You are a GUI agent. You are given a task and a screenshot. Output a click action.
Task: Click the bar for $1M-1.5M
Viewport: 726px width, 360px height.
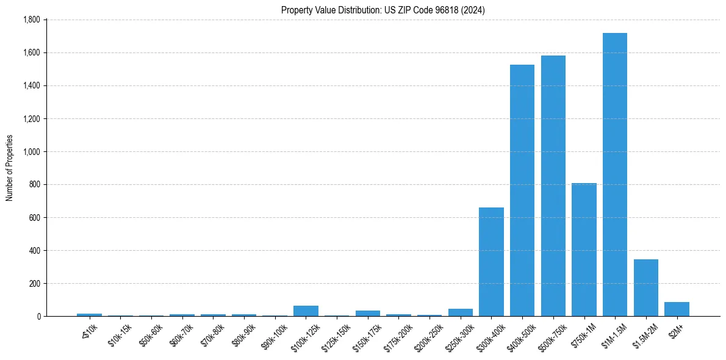[614, 175]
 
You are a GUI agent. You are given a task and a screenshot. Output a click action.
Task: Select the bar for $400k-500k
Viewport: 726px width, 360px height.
[522, 190]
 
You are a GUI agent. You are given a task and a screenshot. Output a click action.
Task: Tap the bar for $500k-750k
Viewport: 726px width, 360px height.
[553, 186]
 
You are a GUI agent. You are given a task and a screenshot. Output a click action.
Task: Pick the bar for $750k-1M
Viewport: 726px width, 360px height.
[584, 250]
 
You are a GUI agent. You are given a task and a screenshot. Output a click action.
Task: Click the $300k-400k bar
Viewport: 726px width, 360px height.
[491, 262]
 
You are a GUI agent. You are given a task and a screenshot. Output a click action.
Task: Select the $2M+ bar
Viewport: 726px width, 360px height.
[677, 309]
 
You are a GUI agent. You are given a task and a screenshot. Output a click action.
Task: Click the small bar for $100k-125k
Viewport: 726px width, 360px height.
[306, 311]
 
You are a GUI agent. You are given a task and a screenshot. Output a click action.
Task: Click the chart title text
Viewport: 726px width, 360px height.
[383, 10]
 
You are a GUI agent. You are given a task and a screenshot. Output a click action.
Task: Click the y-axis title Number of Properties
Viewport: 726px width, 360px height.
[9, 168]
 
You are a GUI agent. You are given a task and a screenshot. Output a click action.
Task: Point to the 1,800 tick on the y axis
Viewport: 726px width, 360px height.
[31, 20]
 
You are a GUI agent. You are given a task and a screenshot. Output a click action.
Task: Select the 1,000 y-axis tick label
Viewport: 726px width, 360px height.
[31, 151]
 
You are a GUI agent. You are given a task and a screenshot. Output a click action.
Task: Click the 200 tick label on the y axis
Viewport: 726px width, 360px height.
[35, 283]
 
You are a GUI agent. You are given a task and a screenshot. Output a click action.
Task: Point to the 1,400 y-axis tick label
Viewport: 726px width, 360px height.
[31, 85]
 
